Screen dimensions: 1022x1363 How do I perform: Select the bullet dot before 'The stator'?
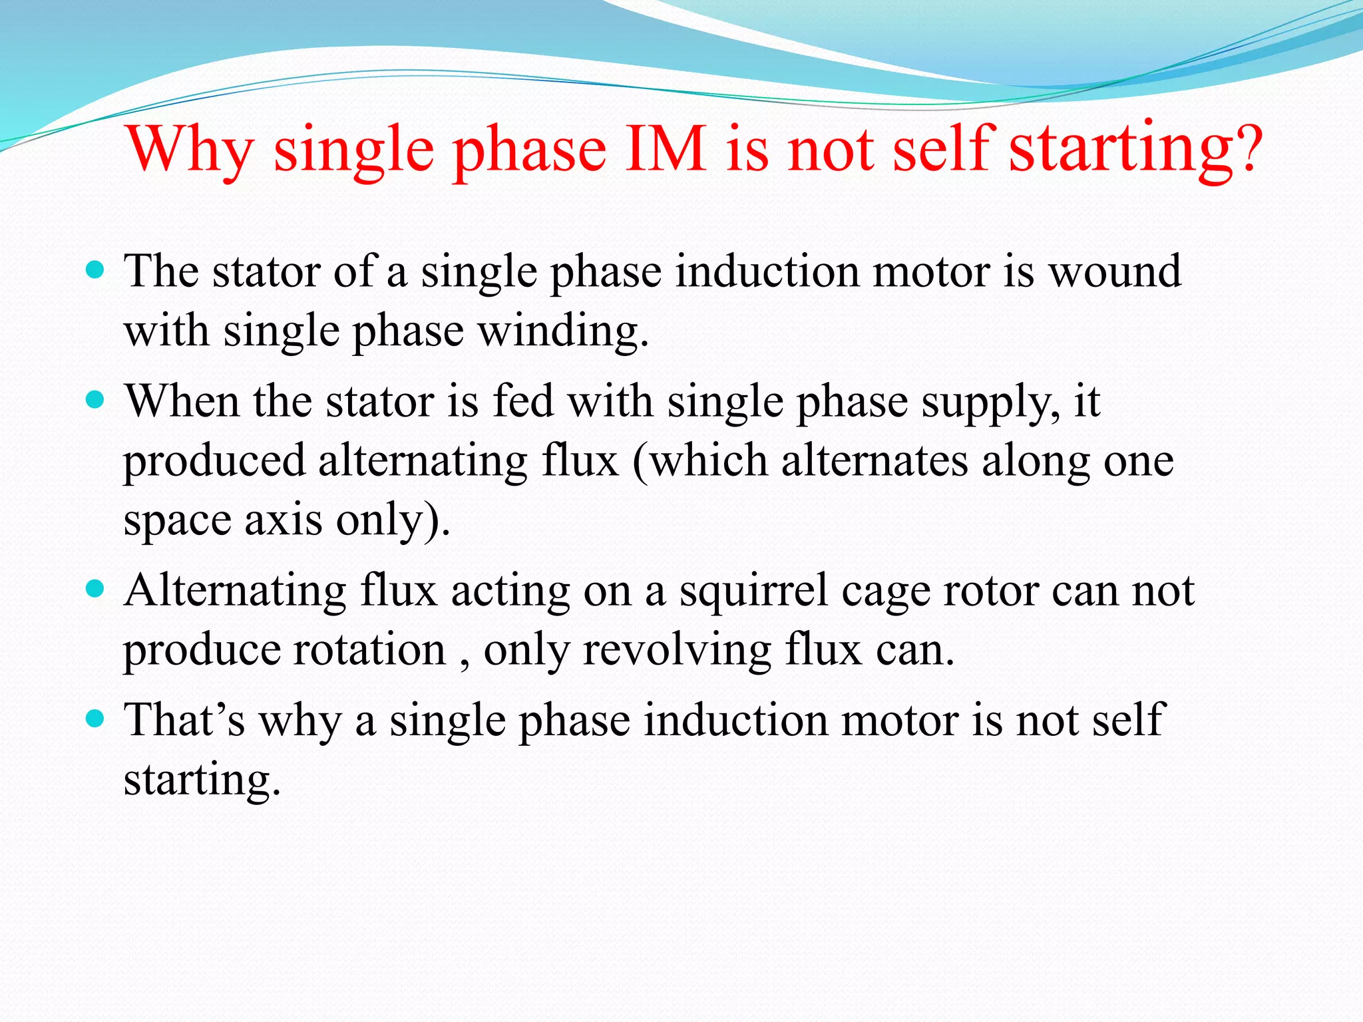pos(96,269)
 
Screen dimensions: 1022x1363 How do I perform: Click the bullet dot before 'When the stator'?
pos(96,400)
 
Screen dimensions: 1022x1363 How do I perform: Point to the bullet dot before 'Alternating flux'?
pos(96,589)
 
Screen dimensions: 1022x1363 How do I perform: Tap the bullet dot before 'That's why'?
pos(96,719)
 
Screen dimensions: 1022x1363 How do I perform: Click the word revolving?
pos(676,650)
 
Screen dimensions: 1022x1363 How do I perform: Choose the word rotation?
pos(370,650)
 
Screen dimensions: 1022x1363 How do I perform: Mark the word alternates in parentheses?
pos(875,460)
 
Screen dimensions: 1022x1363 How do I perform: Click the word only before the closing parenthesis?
pos(379,521)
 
